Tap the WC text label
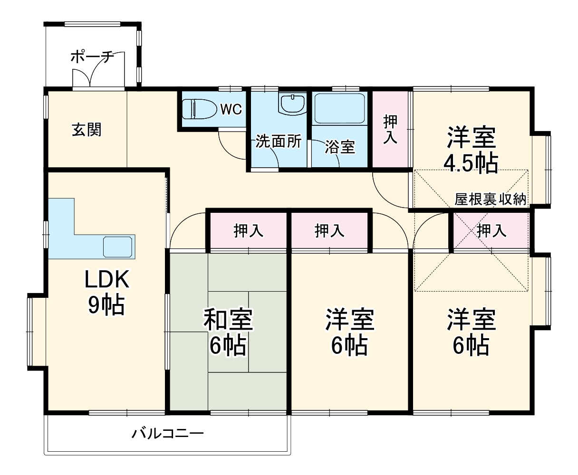pyautogui.click(x=231, y=109)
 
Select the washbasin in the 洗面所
pyautogui.click(x=292, y=104)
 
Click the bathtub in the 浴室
pyautogui.click(x=340, y=109)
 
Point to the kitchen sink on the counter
pyautogui.click(x=118, y=246)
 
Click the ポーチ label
pyautogui.click(x=92, y=57)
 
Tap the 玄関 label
pyautogui.click(x=87, y=129)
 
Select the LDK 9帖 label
pyautogui.click(x=106, y=293)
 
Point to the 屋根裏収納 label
pyautogui.click(x=490, y=199)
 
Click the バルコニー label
pyautogui.click(x=168, y=433)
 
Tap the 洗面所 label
pyautogui.click(x=279, y=141)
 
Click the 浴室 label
pyautogui.click(x=340, y=147)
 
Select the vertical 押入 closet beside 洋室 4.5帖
pyautogui.click(x=390, y=129)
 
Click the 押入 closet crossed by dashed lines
pyautogui.click(x=491, y=231)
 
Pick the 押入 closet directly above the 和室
pyautogui.click(x=248, y=231)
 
